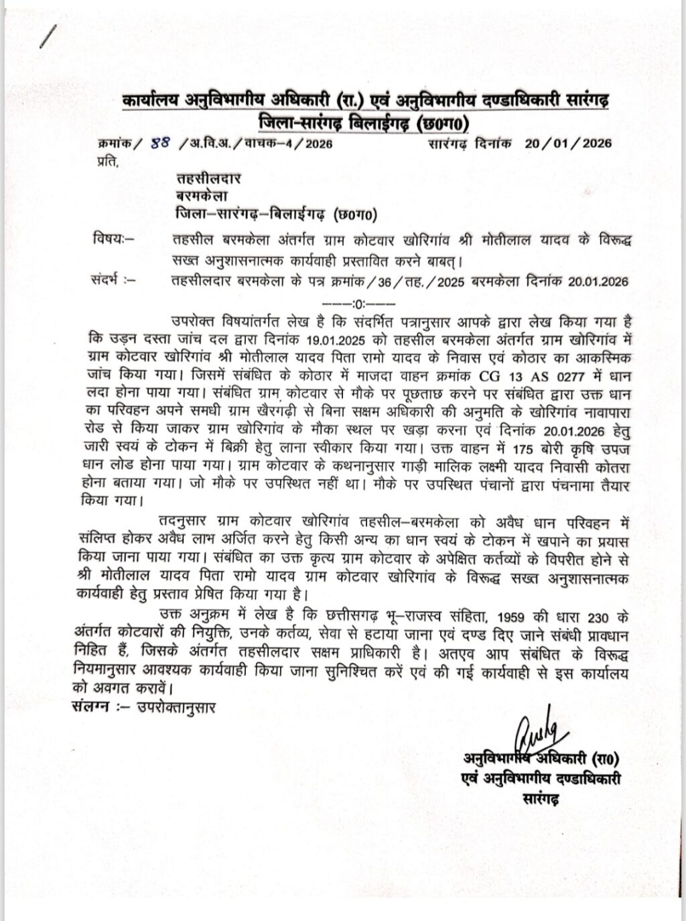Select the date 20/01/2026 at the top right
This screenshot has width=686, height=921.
[x=568, y=143]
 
